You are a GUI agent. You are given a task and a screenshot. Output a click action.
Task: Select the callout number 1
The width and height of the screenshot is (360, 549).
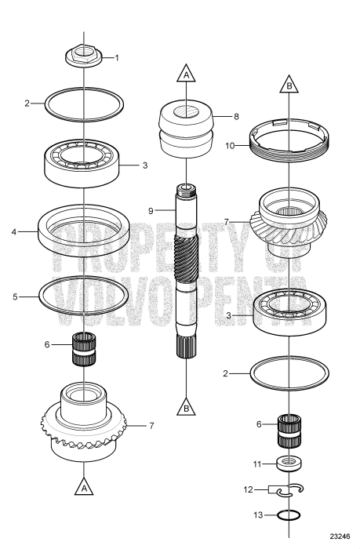(x=118, y=57)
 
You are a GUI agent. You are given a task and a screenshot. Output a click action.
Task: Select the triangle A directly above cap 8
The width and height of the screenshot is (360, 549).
(x=185, y=75)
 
